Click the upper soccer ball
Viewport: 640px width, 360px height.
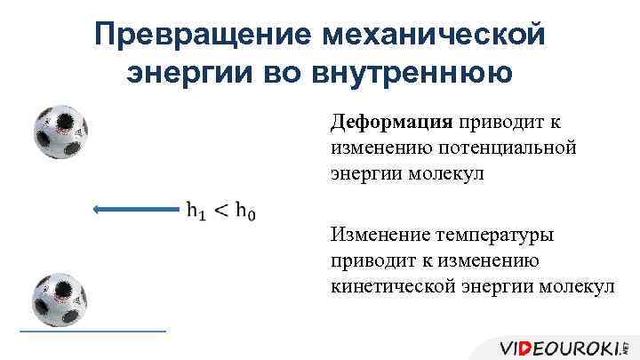(60, 133)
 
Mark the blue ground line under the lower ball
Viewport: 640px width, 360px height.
(92, 331)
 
